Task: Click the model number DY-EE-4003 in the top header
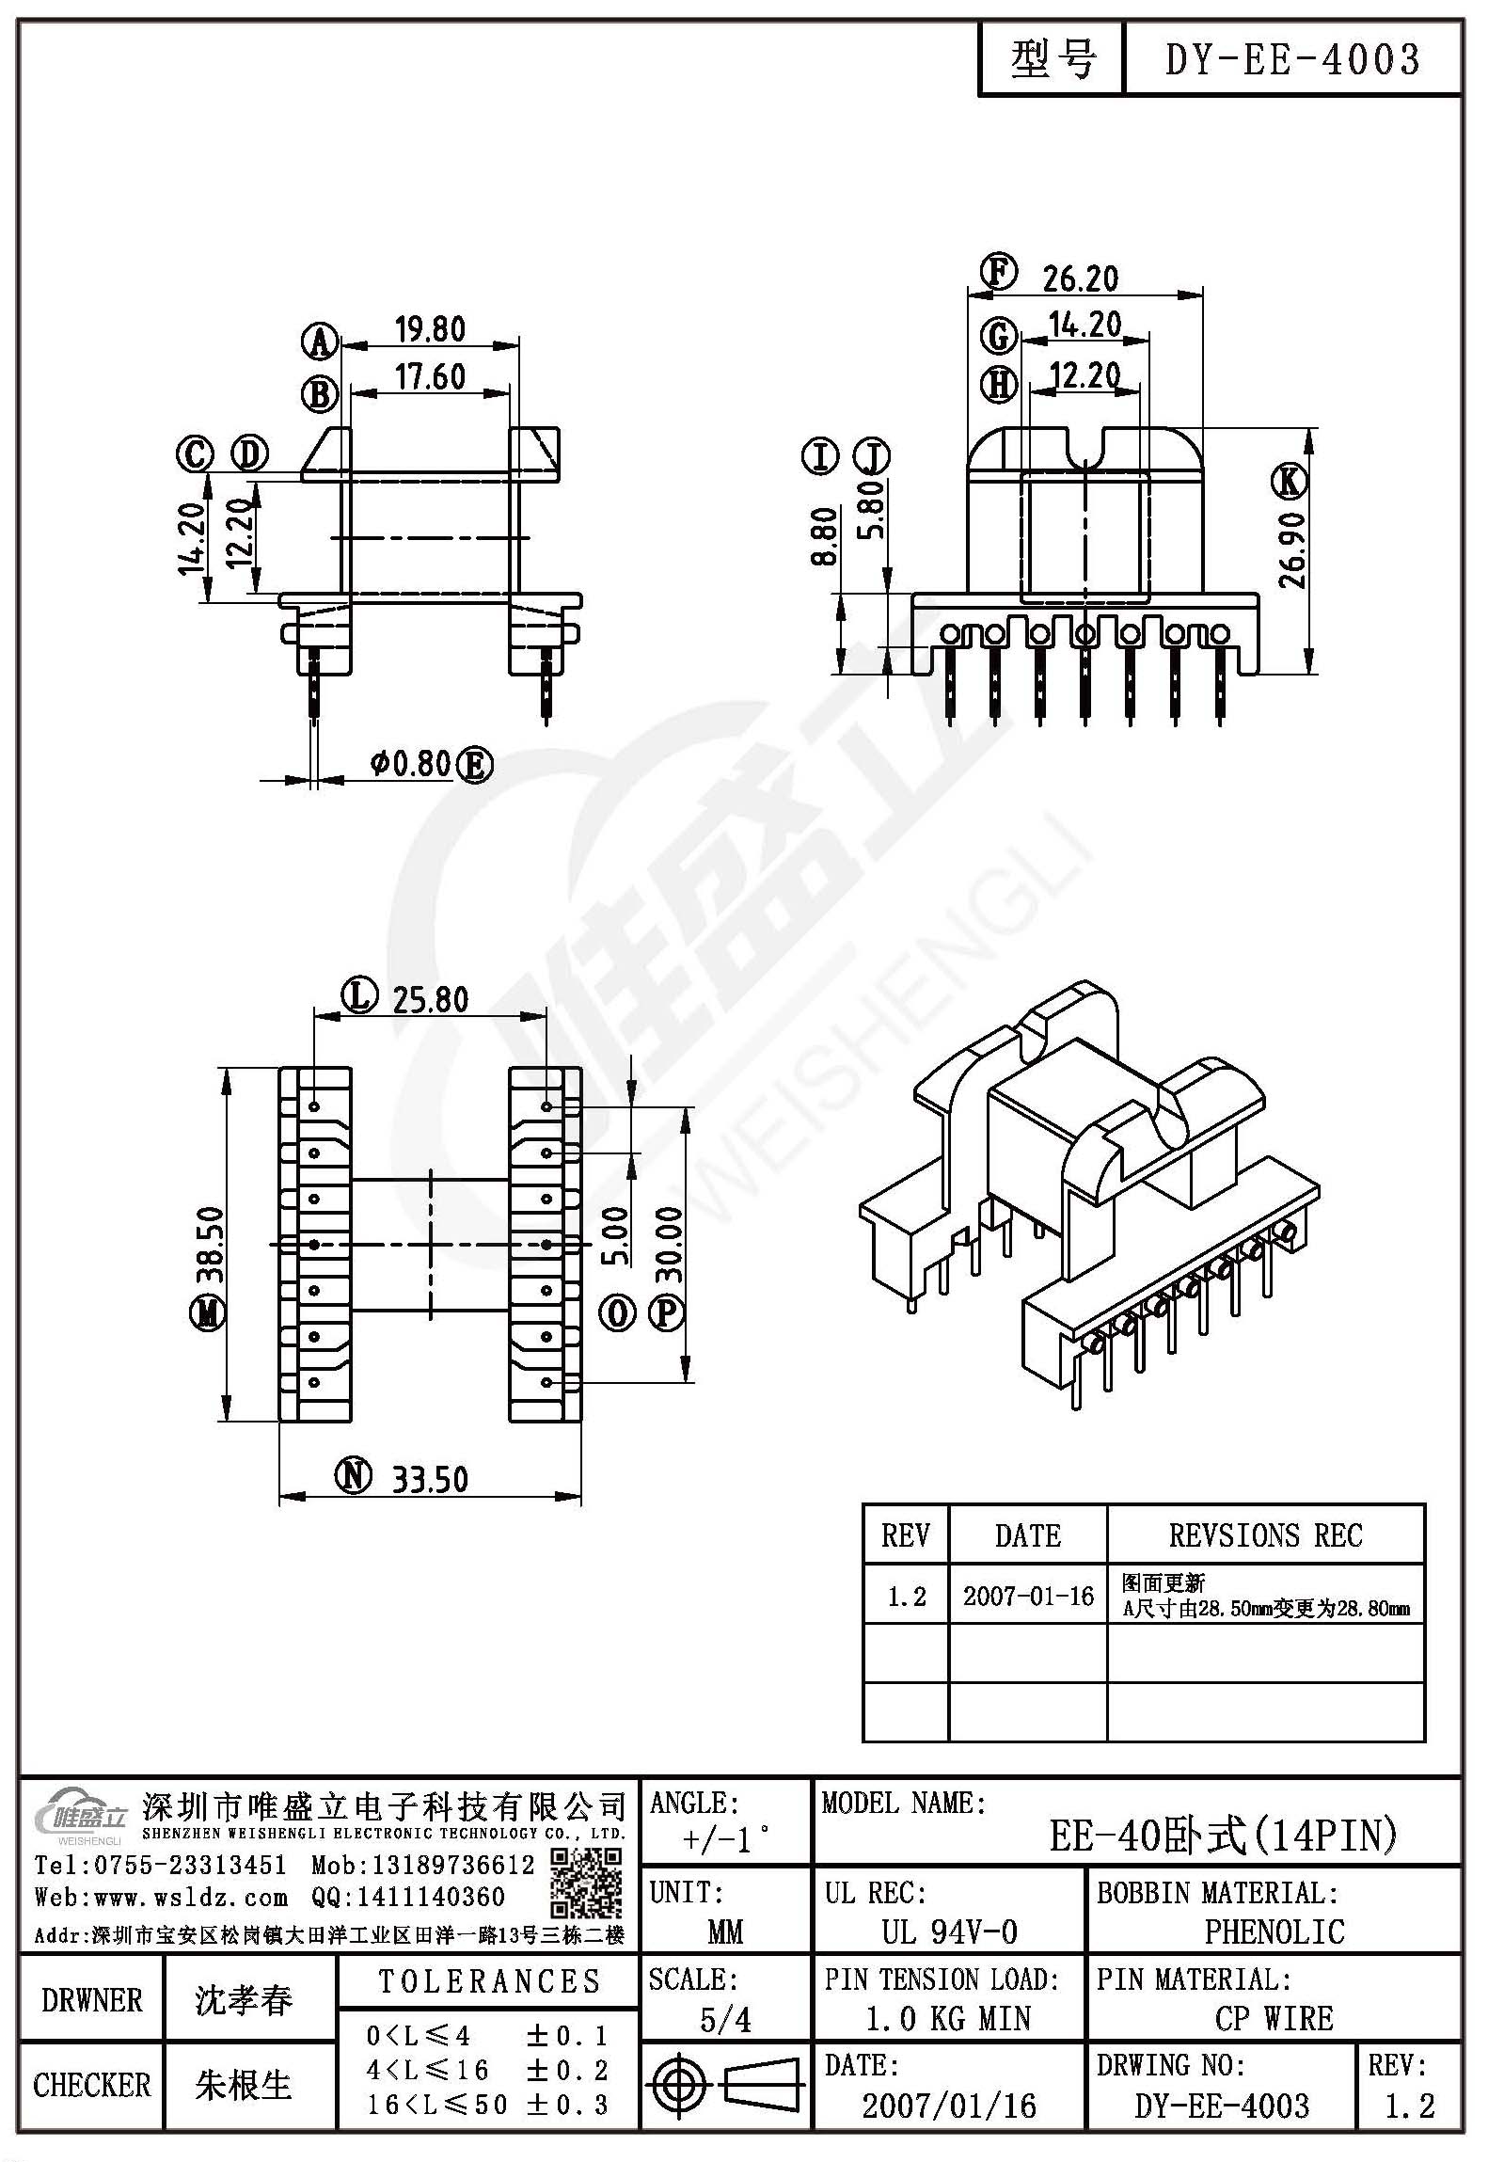(1292, 60)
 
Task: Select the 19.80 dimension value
(430, 329)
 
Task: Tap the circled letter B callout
(320, 394)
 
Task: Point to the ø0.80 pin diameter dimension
(412, 763)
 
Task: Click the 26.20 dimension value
(1081, 278)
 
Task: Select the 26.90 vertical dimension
(1292, 549)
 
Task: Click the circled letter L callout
(359, 996)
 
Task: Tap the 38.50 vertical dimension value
(210, 1245)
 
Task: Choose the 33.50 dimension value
(430, 1480)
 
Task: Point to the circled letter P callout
(666, 1312)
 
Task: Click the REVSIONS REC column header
(1265, 1535)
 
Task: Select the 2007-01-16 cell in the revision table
(1028, 1596)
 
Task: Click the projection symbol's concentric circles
(680, 2083)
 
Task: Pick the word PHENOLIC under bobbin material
(1274, 1931)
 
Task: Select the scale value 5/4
(725, 2019)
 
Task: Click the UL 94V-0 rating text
(949, 1931)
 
